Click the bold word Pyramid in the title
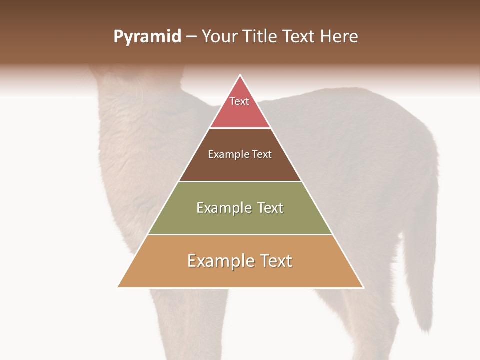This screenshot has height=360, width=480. (147, 37)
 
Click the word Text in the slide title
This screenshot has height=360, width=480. (300, 37)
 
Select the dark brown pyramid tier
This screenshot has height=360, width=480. (240, 167)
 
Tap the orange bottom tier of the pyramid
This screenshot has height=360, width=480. (240, 275)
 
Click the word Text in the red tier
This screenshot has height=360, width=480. (239, 101)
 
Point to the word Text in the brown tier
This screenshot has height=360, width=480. (262, 155)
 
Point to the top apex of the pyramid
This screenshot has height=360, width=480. (240, 75)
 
